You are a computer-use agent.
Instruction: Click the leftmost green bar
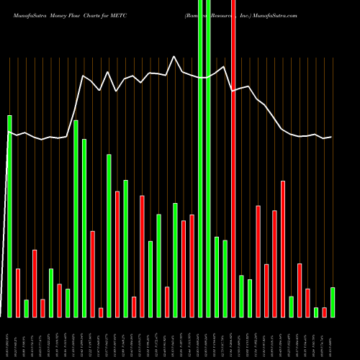pos(9,216)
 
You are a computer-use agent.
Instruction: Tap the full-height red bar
pos(233,158)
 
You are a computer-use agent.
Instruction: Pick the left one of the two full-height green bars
pos(200,158)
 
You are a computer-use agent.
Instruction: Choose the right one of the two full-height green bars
pos(209,158)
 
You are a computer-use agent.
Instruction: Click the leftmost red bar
pos(18,292)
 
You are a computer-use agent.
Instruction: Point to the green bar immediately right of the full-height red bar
pos(242,296)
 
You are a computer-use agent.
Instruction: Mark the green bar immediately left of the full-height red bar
pos(225,279)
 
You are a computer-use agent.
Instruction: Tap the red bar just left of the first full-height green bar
pos(192,266)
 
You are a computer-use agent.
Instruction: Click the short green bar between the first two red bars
pos(26,308)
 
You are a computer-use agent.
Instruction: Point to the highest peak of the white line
pos(174,56)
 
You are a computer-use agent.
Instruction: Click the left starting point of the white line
pos(9,133)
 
